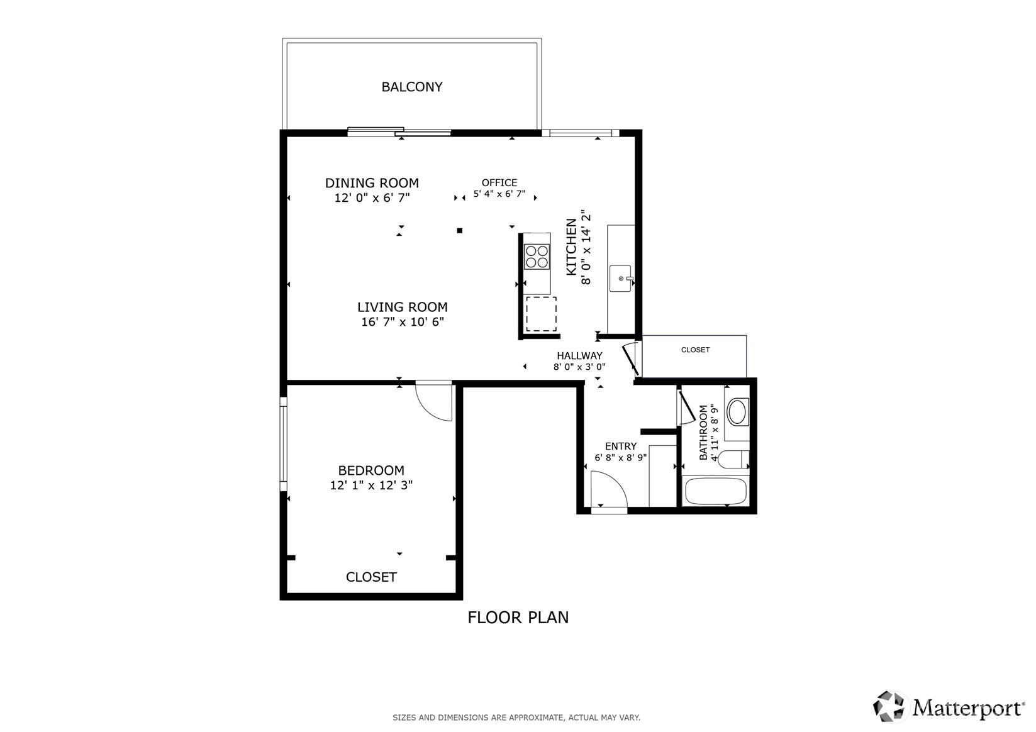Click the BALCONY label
411,87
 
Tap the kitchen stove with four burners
537,257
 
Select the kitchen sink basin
620,279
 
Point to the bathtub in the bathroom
715,491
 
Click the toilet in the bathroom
733,459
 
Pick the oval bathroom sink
737,411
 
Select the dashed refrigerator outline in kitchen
541,314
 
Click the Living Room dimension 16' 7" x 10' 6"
403,322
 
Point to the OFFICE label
499,182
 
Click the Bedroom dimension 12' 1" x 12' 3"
371,485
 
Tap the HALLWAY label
579,355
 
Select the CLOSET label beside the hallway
695,350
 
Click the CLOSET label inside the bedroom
371,577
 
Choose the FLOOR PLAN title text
518,618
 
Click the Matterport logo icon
888,706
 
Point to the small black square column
459,230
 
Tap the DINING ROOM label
372,183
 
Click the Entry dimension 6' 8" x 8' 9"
621,458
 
